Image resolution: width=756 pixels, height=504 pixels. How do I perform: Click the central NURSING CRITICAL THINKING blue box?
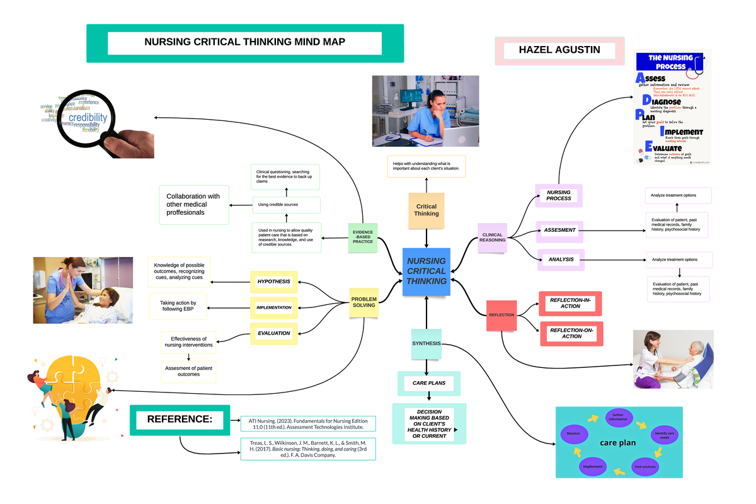427,271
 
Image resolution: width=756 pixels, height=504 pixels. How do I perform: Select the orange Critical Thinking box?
427,210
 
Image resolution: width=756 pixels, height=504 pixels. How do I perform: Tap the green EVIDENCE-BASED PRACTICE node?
362,238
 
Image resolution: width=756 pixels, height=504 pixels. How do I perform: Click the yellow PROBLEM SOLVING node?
364,302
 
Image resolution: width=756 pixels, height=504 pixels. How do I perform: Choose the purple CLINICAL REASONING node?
492,237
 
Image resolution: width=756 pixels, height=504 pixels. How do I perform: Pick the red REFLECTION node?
501,314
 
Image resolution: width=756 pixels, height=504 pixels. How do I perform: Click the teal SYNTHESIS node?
427,344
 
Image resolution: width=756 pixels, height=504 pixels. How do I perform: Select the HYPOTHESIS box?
274,281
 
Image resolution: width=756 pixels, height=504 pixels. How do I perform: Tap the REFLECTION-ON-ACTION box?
571,333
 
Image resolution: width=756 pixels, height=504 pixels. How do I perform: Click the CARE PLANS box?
428,383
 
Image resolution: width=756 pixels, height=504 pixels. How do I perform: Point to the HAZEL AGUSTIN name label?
559,50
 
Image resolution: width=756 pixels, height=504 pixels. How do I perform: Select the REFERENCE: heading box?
180,420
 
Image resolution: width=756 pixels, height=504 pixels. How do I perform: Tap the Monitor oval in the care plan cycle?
573,434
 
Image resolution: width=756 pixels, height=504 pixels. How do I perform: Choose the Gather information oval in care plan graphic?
617,416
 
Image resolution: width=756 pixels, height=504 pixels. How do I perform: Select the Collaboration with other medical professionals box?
194,205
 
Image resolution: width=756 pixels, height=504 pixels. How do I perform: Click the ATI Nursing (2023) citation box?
308,423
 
